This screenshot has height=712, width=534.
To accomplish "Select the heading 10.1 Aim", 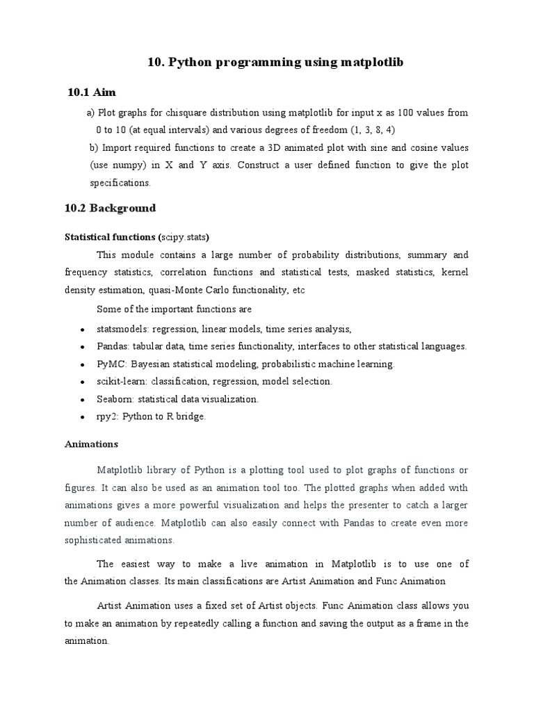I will click(x=91, y=92).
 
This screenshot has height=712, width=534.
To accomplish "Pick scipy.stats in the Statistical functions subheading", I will click(x=184, y=236).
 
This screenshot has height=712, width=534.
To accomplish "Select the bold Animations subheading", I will click(x=91, y=443).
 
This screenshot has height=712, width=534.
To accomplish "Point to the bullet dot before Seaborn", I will click(x=82, y=400).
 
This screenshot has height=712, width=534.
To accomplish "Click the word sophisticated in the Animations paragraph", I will click(x=92, y=540).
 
